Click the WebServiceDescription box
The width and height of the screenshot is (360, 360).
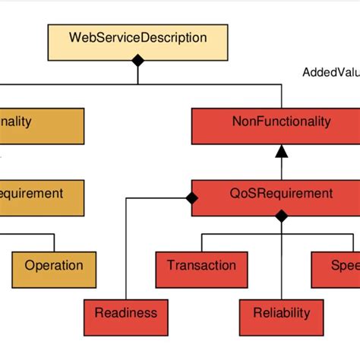137,37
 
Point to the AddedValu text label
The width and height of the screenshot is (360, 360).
330,73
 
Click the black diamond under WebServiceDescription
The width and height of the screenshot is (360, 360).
137,60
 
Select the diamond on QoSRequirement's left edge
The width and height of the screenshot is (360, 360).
191,198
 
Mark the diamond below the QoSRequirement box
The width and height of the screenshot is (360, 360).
281,216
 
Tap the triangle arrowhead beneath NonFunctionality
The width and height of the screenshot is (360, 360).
281,151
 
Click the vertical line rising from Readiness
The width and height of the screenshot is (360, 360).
125,251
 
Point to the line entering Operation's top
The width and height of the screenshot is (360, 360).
54,242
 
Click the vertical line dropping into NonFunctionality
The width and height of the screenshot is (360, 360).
281,96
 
